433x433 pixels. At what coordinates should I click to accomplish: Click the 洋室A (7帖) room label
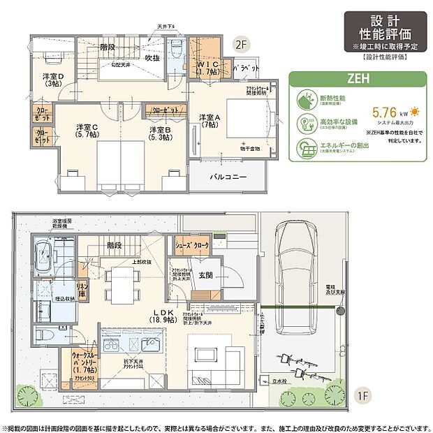210,120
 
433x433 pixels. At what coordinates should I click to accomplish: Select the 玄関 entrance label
205,275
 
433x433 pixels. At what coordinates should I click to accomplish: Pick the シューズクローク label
192,246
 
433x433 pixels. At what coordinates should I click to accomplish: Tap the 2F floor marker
241,47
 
